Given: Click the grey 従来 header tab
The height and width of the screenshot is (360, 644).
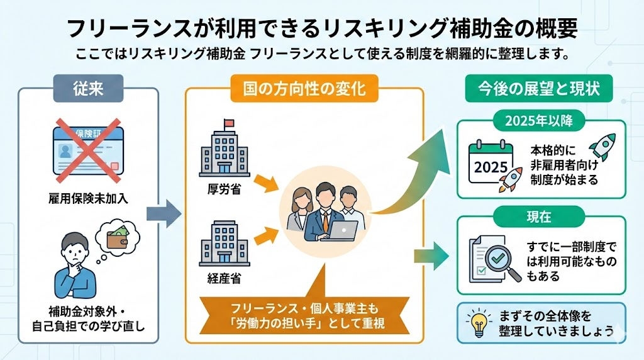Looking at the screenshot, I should [x=87, y=89].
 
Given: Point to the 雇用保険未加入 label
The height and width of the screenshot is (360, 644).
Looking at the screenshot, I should [x=87, y=198].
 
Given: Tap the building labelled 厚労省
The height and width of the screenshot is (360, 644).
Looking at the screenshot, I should [x=225, y=151].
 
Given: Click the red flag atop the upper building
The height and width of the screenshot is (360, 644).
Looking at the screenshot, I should [x=228, y=123].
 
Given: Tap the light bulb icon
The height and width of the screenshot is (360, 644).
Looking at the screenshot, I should [x=478, y=322].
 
